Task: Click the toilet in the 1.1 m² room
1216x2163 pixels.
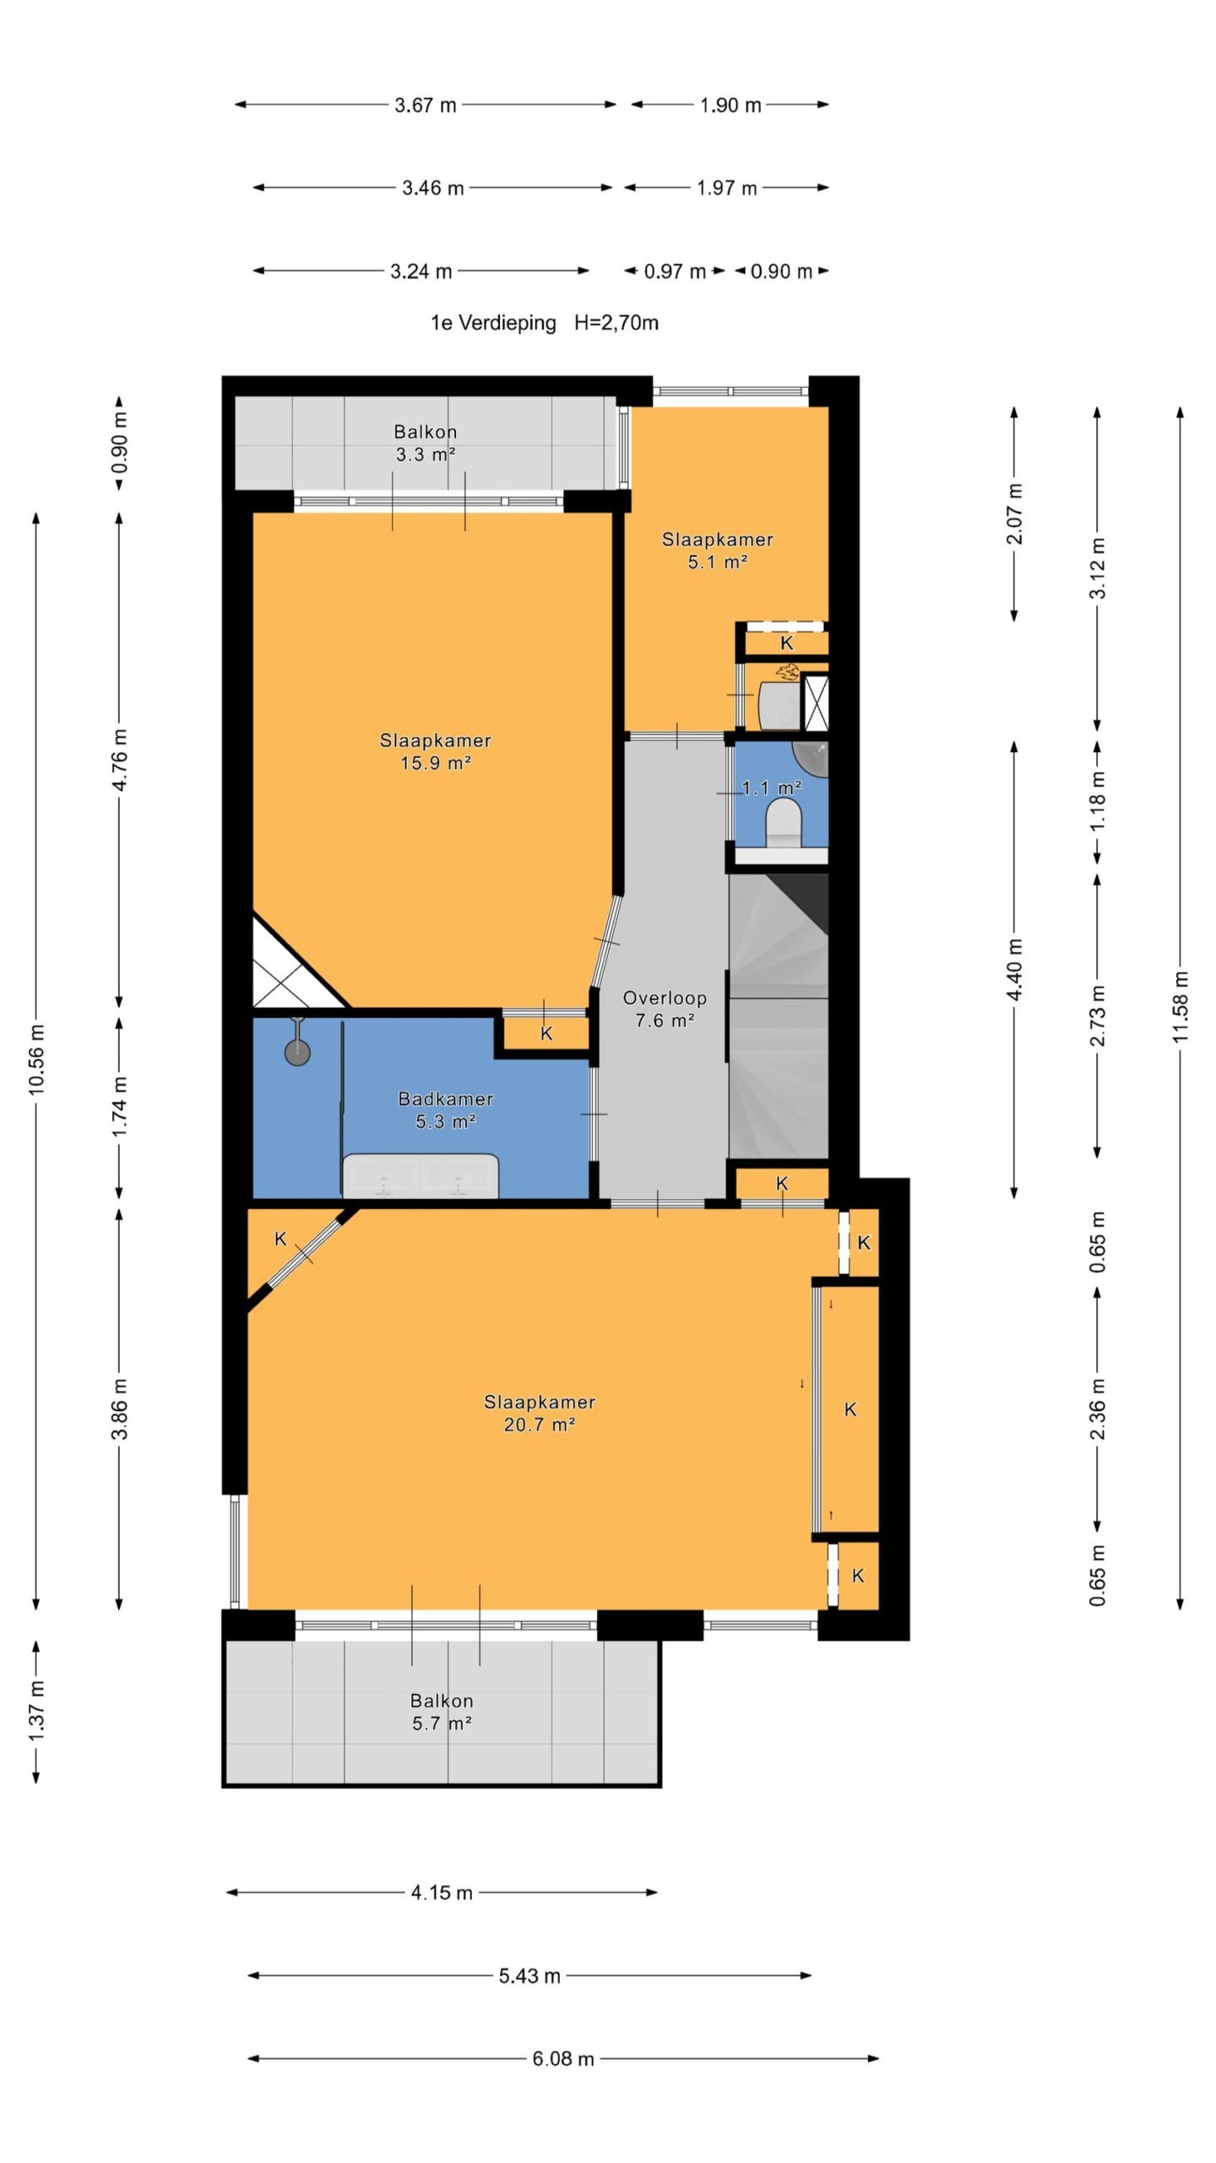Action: coord(783,823)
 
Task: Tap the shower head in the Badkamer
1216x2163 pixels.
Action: coord(297,1052)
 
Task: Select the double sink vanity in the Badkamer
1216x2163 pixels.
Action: coord(421,1175)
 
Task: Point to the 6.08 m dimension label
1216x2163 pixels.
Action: coord(563,2058)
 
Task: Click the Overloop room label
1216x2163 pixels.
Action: coord(665,997)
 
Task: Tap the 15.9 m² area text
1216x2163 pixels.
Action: coord(435,763)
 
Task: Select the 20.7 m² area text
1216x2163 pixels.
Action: coord(540,1425)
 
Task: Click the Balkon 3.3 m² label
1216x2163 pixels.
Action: coord(426,443)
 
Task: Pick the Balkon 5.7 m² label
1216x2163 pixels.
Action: coord(442,1712)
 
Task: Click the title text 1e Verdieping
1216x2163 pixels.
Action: coord(493,323)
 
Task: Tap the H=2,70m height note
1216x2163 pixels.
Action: coord(616,323)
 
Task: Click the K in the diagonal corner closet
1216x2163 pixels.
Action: coord(280,1239)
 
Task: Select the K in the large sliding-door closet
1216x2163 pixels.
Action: coord(850,1409)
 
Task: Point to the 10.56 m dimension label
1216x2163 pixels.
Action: coord(36,1059)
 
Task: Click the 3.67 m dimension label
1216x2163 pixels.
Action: coord(426,105)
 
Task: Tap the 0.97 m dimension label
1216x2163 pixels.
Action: coord(675,271)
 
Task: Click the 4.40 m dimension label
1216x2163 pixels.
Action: coord(1014,969)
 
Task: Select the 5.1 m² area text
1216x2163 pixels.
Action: coord(717,562)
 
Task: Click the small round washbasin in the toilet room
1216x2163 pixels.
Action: coord(811,758)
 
